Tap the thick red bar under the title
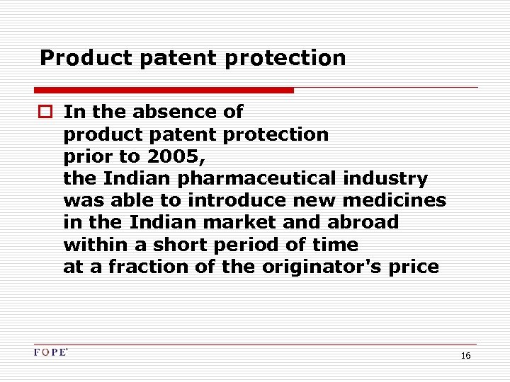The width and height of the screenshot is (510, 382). pyautogui.click(x=164, y=91)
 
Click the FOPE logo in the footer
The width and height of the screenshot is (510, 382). pyautogui.click(x=50, y=352)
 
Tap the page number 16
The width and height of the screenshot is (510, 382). pyautogui.click(x=465, y=356)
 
